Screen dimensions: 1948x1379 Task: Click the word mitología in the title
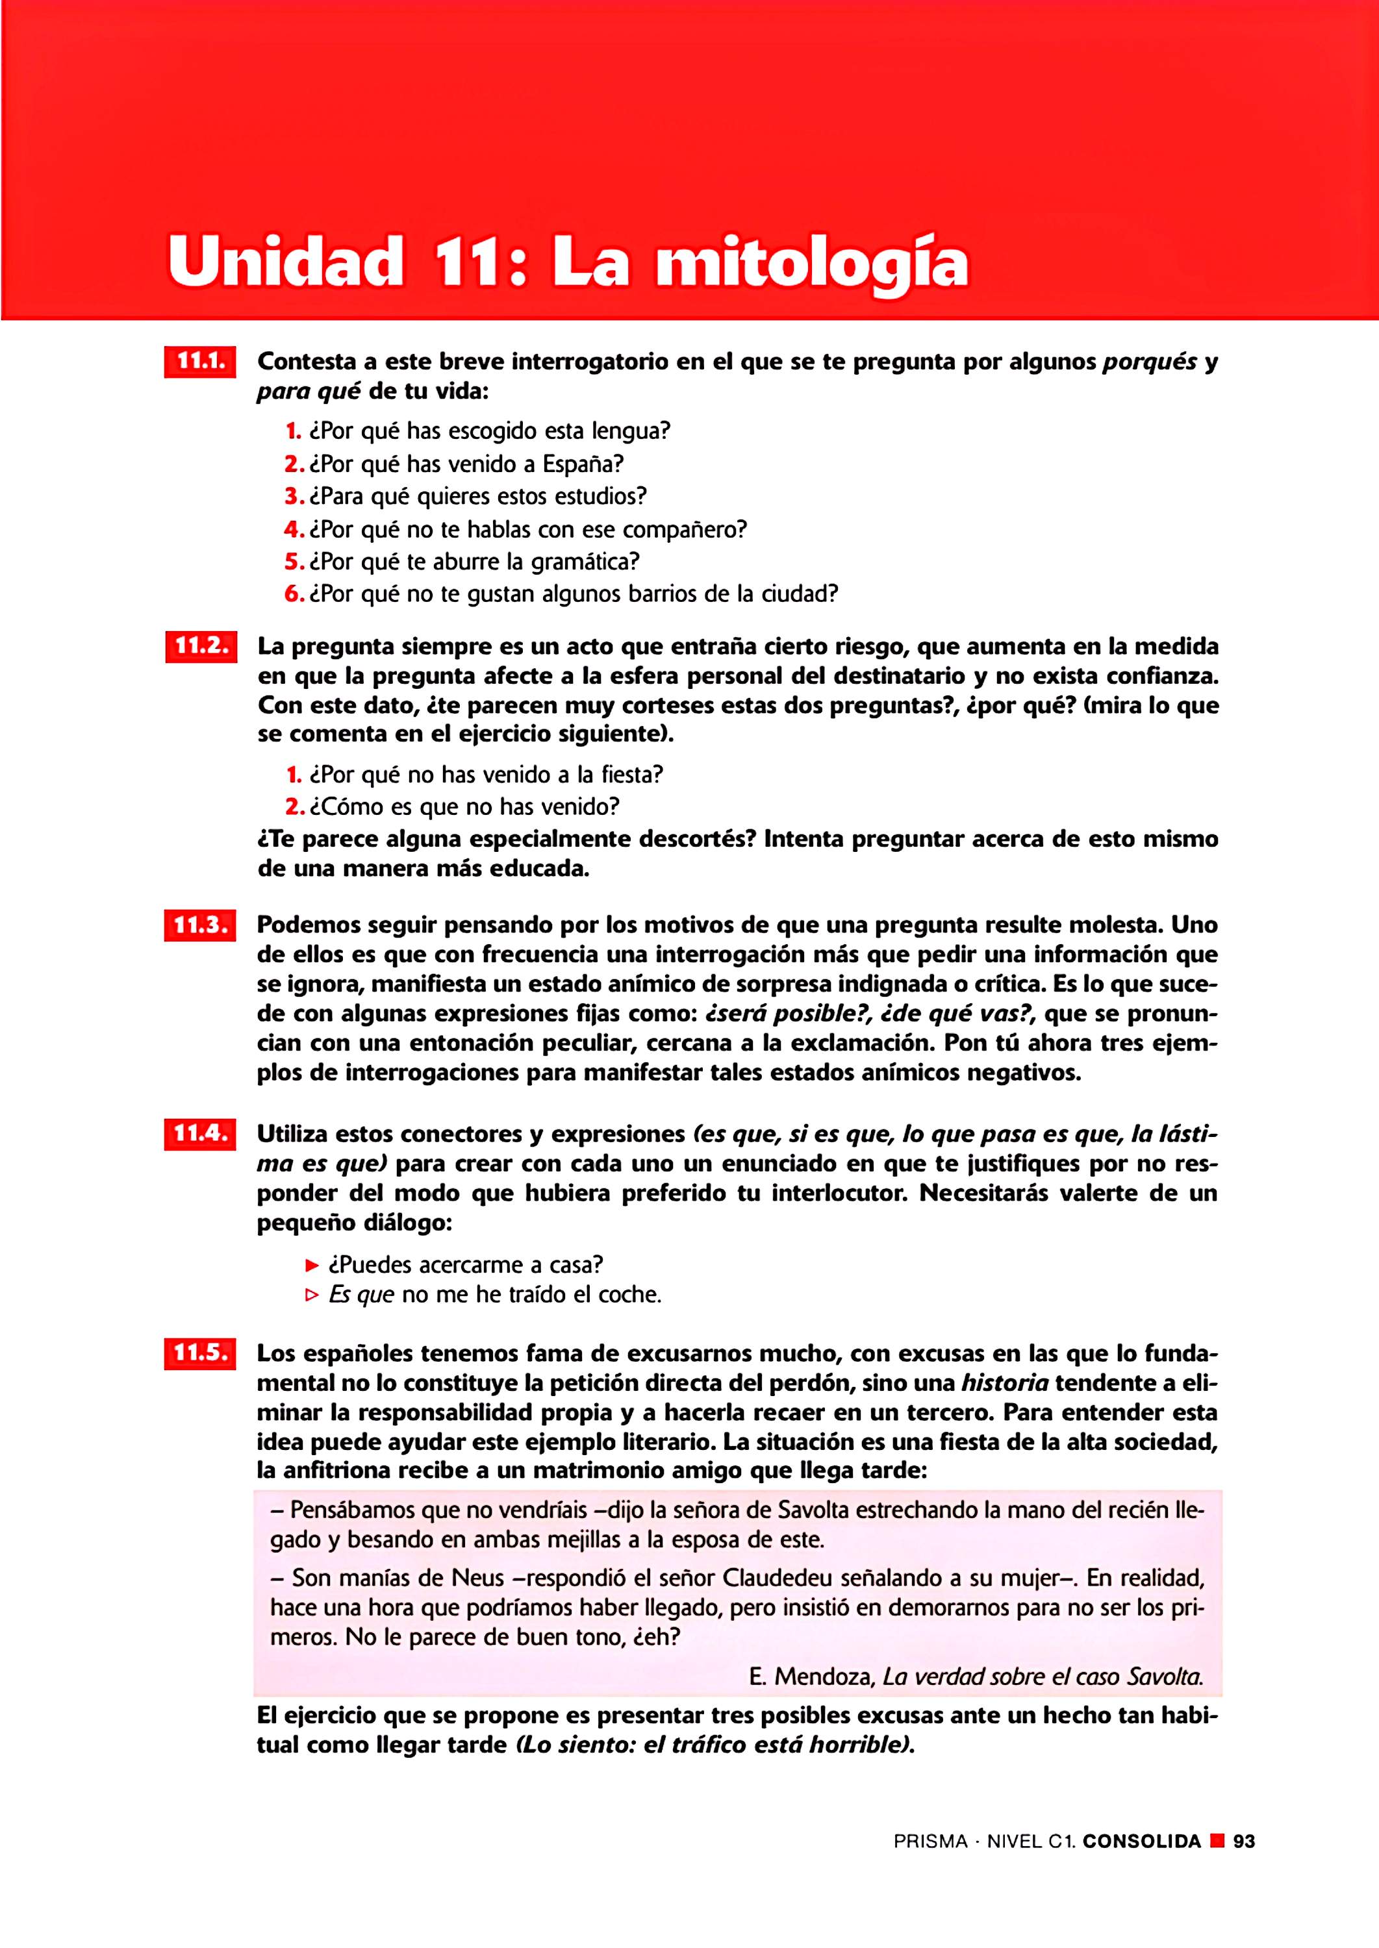811,264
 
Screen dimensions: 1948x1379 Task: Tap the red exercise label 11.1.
201,362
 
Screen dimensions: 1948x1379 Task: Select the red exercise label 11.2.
201,647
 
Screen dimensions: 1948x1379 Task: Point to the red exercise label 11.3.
201,925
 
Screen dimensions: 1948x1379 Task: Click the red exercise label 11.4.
201,1134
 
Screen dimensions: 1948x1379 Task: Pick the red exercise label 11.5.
201,1353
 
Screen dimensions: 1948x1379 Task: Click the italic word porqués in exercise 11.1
1149,362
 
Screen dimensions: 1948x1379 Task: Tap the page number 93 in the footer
1244,1841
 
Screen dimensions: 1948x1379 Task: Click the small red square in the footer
1217,1841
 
